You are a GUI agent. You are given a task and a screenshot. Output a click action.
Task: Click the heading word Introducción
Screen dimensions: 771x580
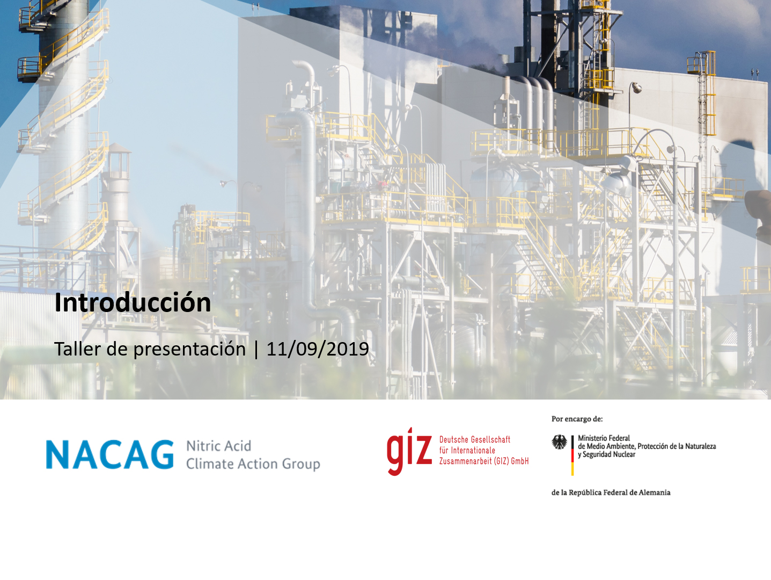(133, 303)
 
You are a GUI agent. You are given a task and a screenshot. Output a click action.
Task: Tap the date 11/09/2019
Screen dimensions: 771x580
(318, 349)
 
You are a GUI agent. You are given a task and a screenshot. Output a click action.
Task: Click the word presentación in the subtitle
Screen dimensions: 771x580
(189, 350)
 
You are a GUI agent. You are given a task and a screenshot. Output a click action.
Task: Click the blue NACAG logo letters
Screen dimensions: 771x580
(110, 454)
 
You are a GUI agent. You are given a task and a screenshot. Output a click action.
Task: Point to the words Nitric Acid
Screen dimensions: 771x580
(218, 446)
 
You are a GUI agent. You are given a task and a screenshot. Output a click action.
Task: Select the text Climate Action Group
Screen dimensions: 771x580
(253, 464)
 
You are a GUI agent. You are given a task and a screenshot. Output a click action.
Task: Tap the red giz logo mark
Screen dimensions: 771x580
(409, 452)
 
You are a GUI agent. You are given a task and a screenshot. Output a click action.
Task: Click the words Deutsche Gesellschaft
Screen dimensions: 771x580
(474, 439)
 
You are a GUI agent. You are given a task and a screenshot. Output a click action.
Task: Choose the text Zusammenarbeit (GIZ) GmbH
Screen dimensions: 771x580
(483, 461)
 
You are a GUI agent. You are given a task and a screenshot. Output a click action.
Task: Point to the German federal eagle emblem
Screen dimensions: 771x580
(559, 442)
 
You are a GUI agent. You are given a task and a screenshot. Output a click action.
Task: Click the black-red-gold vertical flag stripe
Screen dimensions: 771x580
(572, 455)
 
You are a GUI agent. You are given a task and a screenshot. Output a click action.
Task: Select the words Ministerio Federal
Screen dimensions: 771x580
(604, 438)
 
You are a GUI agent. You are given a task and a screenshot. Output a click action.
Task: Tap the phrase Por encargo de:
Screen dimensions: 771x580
(577, 419)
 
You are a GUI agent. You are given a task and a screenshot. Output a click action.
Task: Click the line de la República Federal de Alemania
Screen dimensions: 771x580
(611, 492)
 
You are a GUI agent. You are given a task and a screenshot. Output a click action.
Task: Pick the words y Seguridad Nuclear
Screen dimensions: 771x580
(607, 454)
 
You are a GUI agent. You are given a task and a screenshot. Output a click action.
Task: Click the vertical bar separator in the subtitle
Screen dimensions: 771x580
(256, 350)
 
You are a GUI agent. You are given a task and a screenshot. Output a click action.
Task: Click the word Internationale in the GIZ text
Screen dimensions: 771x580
(473, 450)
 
